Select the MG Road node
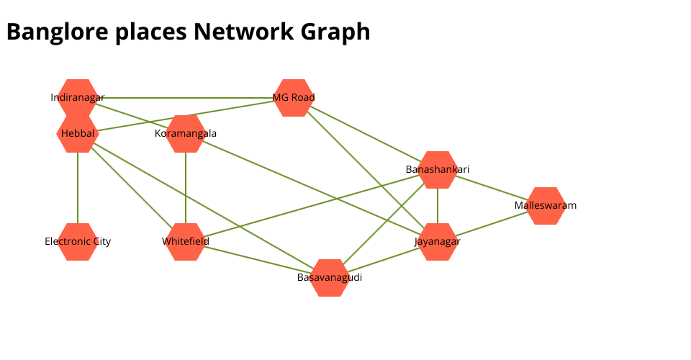click(x=294, y=98)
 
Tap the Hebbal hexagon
click(x=78, y=135)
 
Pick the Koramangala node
click(x=186, y=134)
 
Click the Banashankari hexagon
click(x=438, y=170)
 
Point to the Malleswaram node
click(x=546, y=206)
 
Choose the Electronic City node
click(x=78, y=242)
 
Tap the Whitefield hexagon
click(x=186, y=242)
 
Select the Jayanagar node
click(x=438, y=242)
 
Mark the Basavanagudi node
click(x=330, y=278)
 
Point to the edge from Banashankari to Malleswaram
click(x=492, y=188)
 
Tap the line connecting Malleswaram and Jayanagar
click(x=492, y=224)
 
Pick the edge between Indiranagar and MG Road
click(x=186, y=98)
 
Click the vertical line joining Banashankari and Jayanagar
click(x=438, y=206)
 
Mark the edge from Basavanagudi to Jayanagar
click(x=384, y=260)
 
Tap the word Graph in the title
click(x=338, y=32)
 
